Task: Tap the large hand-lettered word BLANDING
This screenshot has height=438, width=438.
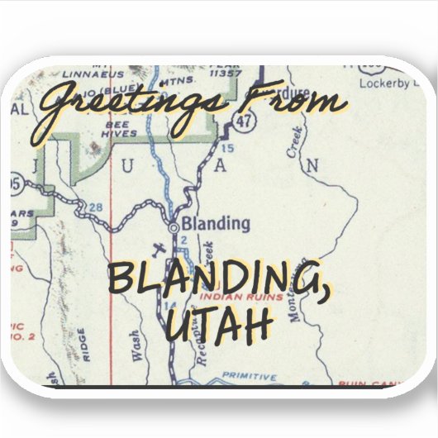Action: (211, 280)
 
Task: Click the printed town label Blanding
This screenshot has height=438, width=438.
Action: (215, 223)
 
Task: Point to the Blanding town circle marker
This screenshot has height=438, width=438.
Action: (174, 225)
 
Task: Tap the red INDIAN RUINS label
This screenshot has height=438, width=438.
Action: (242, 295)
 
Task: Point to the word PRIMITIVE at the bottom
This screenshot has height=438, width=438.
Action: (250, 376)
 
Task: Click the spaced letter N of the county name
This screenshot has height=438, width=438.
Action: (312, 166)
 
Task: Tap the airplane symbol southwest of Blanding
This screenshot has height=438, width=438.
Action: (159, 249)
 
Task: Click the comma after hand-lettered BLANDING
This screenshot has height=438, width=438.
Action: (317, 293)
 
